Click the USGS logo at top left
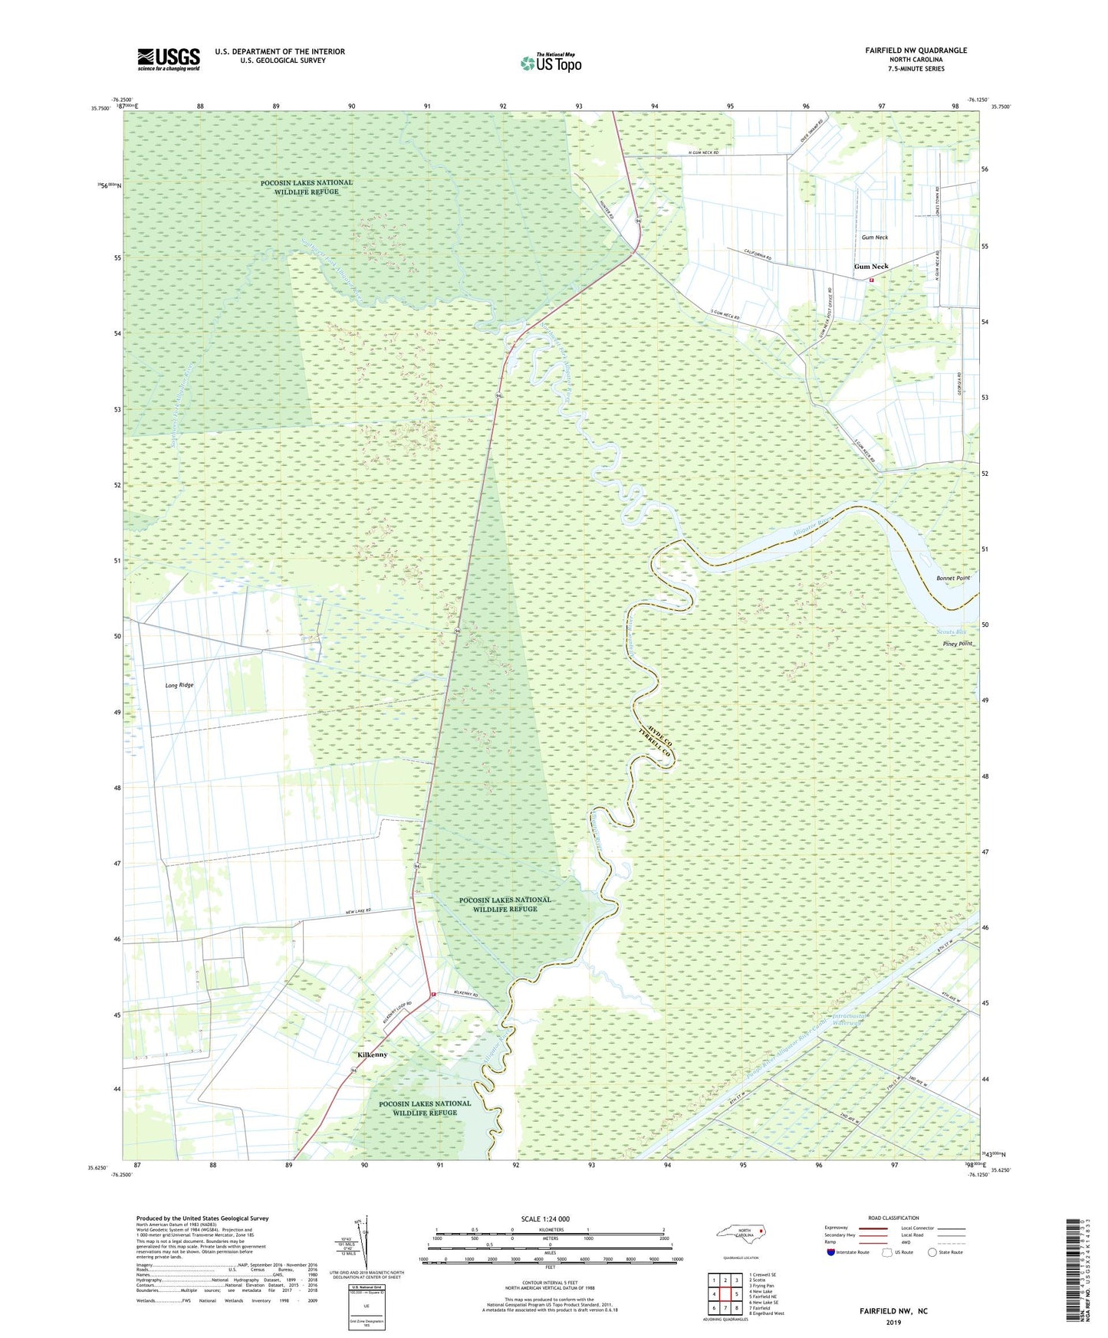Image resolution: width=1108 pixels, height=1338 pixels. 169,59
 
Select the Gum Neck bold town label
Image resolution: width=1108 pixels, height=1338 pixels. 871,267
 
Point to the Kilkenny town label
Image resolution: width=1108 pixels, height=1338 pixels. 372,1054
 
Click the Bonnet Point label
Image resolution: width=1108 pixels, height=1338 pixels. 953,578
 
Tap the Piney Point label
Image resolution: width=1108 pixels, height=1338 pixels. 958,644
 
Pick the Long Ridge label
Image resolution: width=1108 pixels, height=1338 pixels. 179,685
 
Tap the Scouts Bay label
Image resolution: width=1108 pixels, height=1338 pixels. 951,632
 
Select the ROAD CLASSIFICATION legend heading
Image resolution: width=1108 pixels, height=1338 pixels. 893,1218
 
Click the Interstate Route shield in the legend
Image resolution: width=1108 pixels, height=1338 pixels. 831,1253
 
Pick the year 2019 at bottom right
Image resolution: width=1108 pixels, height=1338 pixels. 893,1322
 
